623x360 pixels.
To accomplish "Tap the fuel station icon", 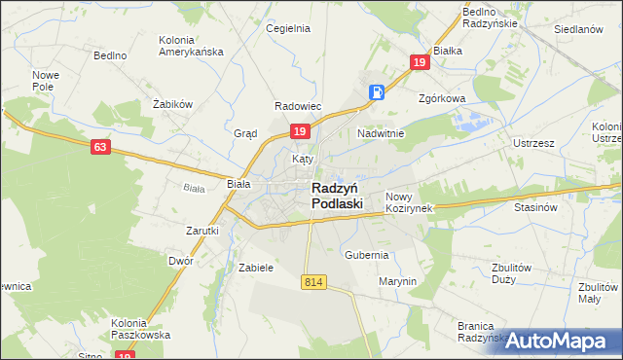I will (378, 92).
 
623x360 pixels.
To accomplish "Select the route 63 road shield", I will (100, 147).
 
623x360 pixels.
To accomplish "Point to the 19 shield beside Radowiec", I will (300, 131).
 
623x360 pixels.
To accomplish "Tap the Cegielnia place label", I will (288, 28).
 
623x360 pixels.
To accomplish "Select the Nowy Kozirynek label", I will (408, 202).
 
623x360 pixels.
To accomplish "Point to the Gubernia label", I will (366, 254).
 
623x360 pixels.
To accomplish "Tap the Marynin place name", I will (397, 281).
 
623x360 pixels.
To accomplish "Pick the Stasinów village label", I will (534, 206).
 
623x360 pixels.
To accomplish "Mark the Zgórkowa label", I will (443, 98).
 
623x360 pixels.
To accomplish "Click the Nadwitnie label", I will (381, 132).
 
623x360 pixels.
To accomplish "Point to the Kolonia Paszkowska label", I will (141, 328).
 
